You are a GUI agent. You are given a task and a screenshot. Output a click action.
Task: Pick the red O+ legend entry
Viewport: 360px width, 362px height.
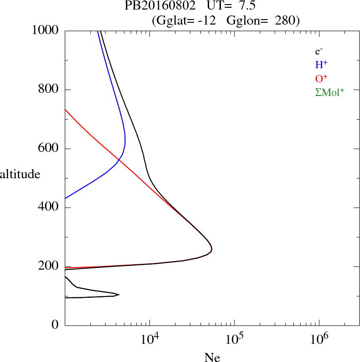tap(321, 78)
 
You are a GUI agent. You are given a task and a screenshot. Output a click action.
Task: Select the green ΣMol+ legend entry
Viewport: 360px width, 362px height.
tap(330, 91)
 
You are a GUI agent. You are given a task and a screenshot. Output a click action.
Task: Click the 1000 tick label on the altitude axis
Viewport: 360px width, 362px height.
tap(46, 30)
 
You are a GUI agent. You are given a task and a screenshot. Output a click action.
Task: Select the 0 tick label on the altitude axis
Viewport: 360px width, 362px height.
tap(55, 326)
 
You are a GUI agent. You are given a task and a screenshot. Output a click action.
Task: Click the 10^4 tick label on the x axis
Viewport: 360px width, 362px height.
tap(150, 338)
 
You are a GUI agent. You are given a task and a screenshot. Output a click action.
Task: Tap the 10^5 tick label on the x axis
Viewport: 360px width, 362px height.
tap(234, 338)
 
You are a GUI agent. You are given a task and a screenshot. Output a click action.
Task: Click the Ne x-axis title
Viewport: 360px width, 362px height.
tap(212, 357)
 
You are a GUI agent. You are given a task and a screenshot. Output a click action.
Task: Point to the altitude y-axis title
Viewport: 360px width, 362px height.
tap(20, 174)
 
